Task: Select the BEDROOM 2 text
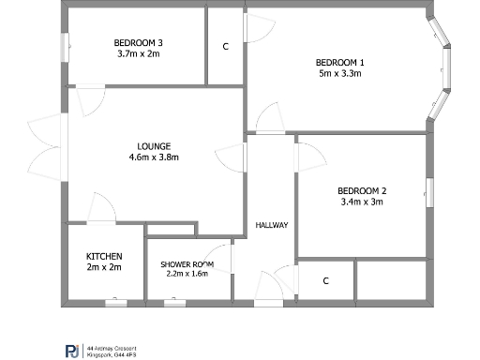click(x=362, y=190)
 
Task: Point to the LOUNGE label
click(x=154, y=146)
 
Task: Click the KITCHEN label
click(x=104, y=256)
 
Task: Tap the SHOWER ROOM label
click(x=187, y=264)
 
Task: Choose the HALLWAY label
click(x=272, y=225)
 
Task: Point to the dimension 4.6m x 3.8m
click(x=154, y=157)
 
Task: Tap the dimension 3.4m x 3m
click(x=362, y=202)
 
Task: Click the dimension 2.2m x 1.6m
click(x=187, y=275)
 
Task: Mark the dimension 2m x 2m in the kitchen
click(x=104, y=267)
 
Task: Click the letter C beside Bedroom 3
click(x=225, y=47)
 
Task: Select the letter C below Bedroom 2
click(x=326, y=280)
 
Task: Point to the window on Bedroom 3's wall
click(x=65, y=46)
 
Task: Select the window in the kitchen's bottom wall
click(x=116, y=303)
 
